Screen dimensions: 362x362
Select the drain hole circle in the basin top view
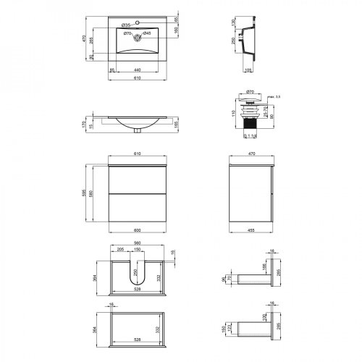pos(135,34)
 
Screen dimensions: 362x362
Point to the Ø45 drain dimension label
pos(146,34)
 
